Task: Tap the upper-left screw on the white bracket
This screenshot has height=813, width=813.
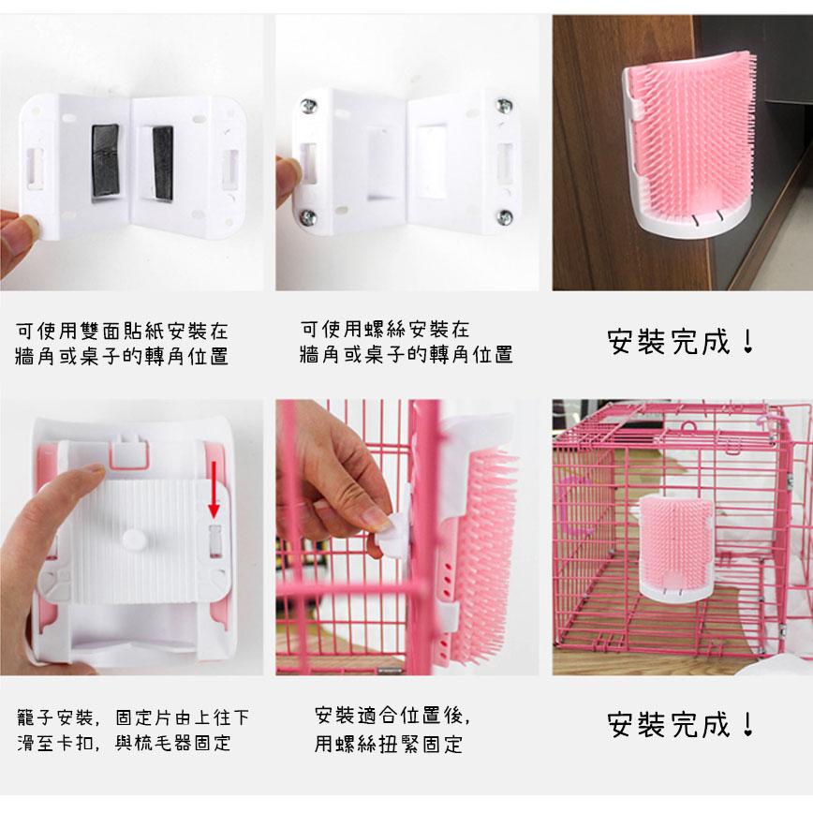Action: click(x=309, y=106)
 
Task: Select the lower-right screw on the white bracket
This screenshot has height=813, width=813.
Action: click(x=505, y=216)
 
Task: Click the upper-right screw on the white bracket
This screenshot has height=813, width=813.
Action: click(x=505, y=106)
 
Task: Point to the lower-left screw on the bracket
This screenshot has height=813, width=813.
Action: click(x=308, y=216)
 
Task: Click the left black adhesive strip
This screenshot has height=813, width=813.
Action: click(x=105, y=161)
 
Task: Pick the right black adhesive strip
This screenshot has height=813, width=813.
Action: click(x=163, y=163)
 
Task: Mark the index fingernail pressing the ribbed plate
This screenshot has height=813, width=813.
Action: click(x=93, y=468)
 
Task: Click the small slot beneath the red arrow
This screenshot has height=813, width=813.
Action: click(x=214, y=540)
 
